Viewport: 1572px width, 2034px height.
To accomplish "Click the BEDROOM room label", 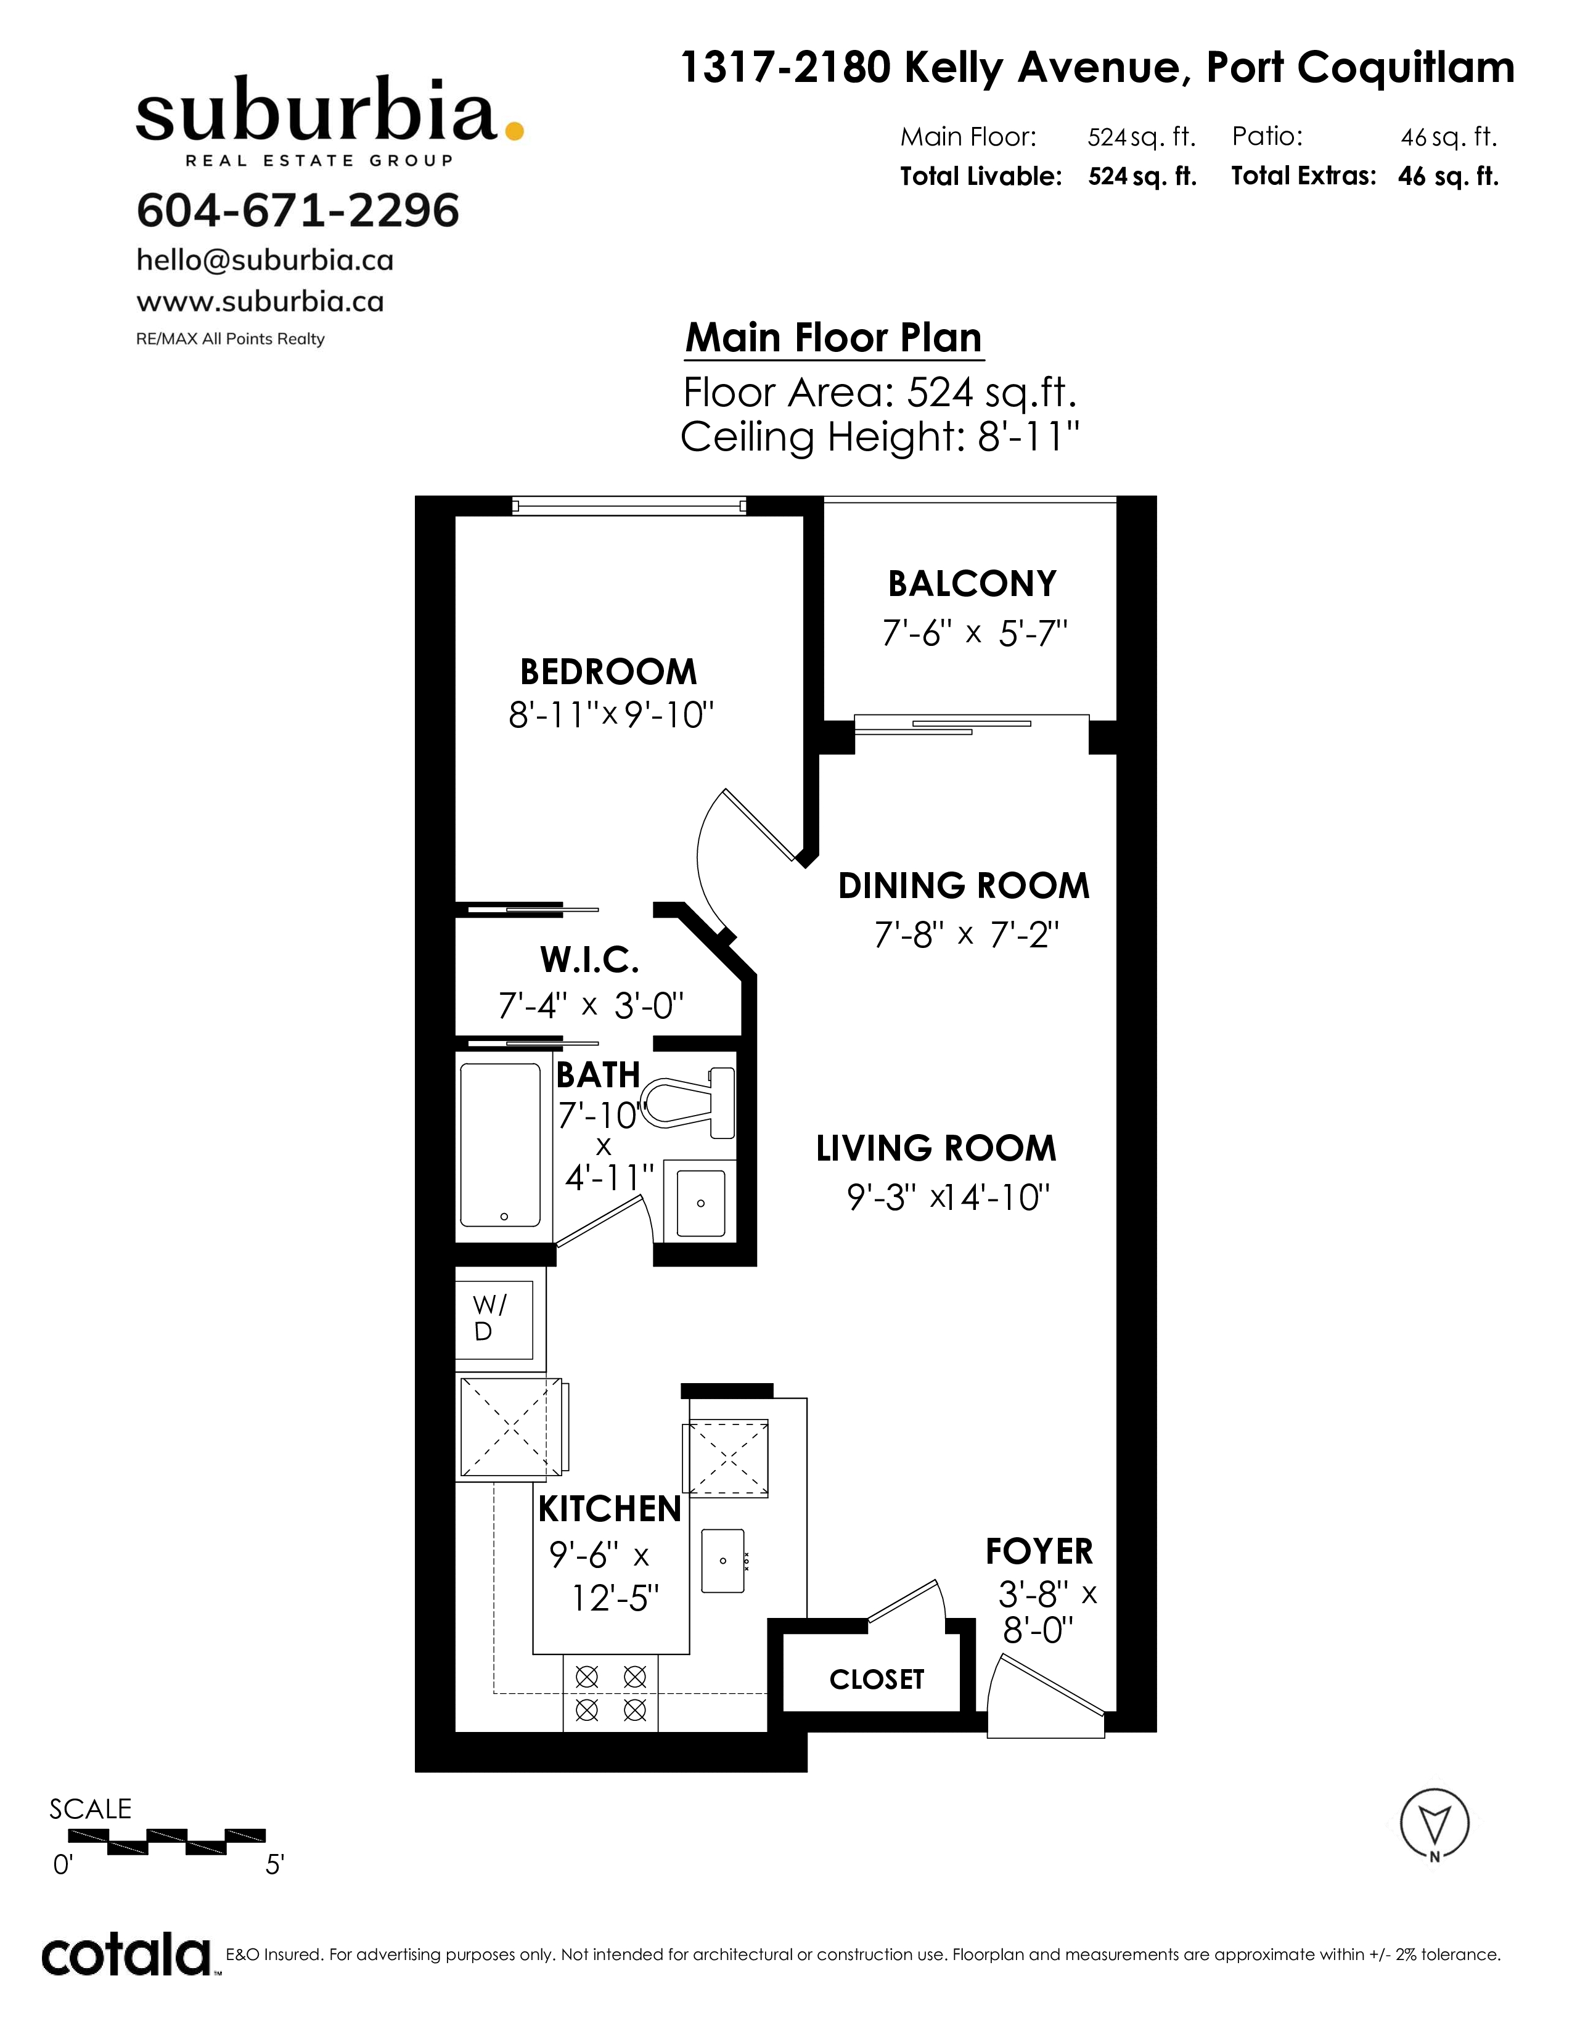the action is point(608,671).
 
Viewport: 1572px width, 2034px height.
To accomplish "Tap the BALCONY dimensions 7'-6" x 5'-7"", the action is point(974,634).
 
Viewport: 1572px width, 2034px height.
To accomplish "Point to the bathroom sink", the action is point(700,1201).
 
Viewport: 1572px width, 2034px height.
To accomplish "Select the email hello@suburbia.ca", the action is point(264,260).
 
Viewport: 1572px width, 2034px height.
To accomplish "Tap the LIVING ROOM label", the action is point(936,1148).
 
